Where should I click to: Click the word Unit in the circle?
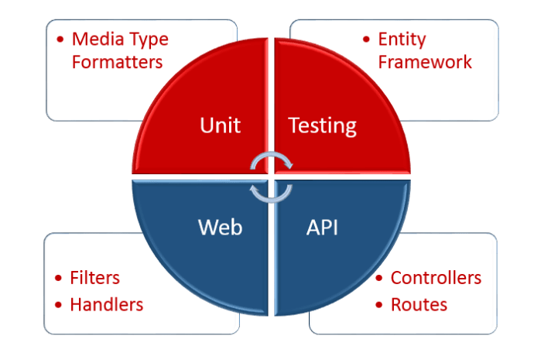(x=220, y=125)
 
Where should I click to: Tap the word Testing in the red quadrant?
(x=322, y=125)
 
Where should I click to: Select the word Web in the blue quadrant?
(x=220, y=227)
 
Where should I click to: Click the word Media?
(x=96, y=39)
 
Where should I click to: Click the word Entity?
(x=402, y=39)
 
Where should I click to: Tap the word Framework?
(x=425, y=62)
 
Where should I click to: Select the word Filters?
(x=94, y=278)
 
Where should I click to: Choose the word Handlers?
(x=106, y=304)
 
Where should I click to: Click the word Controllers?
(x=436, y=278)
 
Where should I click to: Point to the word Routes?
(x=419, y=304)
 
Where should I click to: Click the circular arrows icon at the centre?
(x=270, y=176)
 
